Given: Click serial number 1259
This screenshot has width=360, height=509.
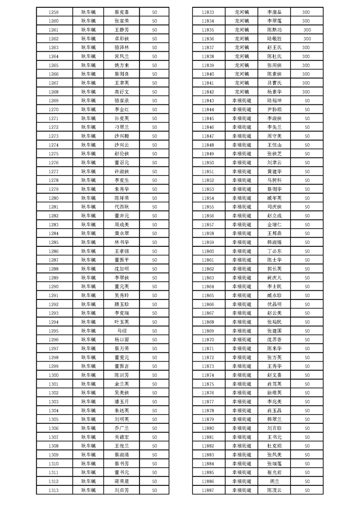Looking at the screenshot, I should (53, 12).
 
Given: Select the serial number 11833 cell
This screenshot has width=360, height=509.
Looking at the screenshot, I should (208, 12).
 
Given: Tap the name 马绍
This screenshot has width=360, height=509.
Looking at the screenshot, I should (122, 331).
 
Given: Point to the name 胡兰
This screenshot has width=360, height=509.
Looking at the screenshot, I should (274, 481).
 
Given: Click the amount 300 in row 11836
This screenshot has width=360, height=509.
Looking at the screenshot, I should (307, 39).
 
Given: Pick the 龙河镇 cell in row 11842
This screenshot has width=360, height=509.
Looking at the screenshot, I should (242, 92).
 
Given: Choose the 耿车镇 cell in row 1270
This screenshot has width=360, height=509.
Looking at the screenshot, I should (89, 109).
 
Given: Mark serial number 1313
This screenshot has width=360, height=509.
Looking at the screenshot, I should (53, 490).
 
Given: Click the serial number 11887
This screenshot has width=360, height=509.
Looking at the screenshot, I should (208, 490).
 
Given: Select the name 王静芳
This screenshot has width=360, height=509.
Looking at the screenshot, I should (122, 29).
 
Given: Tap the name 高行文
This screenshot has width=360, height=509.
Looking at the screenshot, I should (122, 92).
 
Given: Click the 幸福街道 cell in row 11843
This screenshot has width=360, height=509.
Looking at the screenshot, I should (242, 100).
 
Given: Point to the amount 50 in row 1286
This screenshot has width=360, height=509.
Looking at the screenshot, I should (154, 251).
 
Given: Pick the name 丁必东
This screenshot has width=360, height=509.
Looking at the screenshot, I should (274, 251).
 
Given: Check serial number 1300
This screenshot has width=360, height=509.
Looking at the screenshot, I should (53, 375).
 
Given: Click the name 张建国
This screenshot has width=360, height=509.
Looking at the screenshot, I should (274, 331).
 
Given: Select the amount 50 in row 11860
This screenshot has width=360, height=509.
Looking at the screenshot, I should (307, 251).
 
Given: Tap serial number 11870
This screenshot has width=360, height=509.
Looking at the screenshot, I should (208, 339).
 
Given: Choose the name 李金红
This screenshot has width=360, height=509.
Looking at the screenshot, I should (122, 109).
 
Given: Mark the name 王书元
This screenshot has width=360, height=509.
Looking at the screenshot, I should (274, 437).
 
